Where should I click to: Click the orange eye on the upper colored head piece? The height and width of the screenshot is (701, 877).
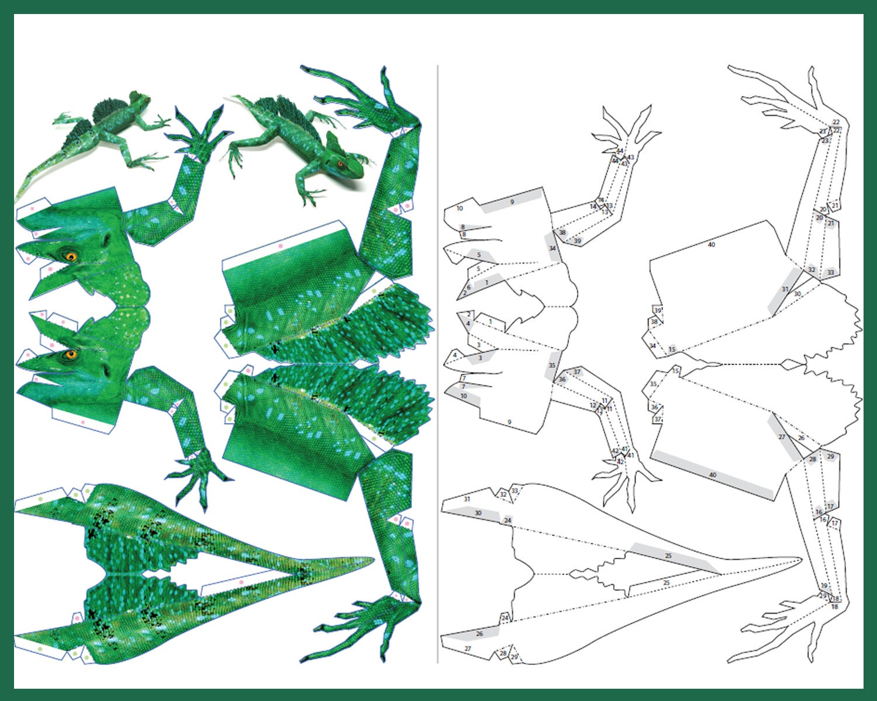(71, 256)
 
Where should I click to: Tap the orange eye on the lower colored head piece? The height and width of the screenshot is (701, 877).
(71, 354)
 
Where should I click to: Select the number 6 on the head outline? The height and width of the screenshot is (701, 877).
(468, 287)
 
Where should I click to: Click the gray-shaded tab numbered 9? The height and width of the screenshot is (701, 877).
(512, 201)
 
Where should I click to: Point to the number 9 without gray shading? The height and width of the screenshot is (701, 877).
(509, 422)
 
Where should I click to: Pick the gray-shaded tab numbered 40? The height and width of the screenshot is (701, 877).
(712, 475)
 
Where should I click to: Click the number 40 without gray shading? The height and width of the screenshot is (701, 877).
(711, 245)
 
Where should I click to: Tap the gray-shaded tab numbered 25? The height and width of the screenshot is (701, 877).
(668, 556)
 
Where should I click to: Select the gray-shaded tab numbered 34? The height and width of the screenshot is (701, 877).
(552, 248)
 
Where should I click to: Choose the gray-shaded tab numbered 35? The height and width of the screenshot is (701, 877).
(552, 366)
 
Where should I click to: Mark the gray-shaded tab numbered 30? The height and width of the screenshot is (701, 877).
(478, 513)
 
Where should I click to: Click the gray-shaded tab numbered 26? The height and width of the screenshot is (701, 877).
(479, 634)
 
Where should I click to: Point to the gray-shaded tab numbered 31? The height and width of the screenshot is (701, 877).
(785, 289)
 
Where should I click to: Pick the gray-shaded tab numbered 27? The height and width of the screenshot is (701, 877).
(782, 436)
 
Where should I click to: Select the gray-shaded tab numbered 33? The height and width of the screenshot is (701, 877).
(830, 273)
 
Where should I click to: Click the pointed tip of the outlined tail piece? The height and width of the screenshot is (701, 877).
(801, 559)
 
